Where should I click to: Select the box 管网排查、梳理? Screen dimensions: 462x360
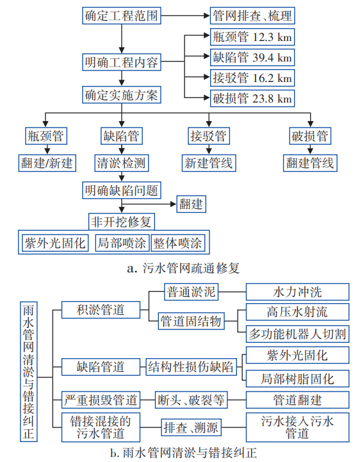(250, 14)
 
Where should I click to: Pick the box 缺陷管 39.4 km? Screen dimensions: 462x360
(251, 57)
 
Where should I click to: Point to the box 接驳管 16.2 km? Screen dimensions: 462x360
(251, 78)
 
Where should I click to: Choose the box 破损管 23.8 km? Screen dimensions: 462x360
(251, 99)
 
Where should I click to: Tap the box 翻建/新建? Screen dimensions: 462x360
(47, 163)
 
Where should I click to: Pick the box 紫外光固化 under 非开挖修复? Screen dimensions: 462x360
(54, 243)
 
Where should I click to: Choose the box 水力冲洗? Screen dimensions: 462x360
(297, 292)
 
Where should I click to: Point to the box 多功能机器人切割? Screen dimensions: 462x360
(297, 333)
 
